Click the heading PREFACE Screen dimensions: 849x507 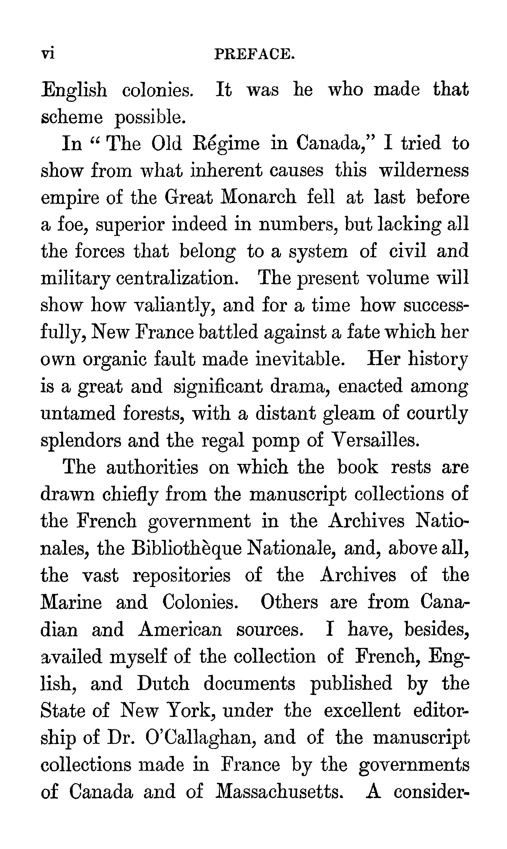254,54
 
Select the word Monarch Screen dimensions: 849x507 258,197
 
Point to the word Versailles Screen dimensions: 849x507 375,440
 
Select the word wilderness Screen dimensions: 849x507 424,170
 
